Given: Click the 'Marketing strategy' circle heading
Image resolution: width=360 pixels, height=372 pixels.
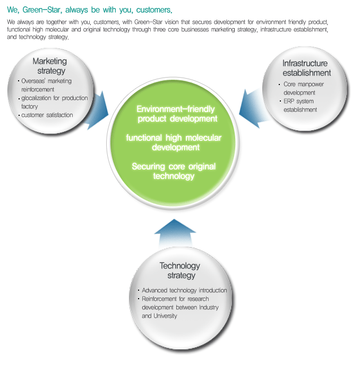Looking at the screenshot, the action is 50,66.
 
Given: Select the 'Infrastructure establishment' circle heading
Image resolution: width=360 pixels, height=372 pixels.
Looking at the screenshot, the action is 306,68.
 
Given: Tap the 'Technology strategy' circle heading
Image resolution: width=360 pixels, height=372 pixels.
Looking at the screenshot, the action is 180,270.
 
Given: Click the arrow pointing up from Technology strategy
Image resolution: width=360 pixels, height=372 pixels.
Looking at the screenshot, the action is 175,234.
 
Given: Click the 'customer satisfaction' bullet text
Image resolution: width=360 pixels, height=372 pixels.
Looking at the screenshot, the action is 47,115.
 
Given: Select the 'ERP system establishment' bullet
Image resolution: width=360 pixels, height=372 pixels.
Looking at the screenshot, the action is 301,105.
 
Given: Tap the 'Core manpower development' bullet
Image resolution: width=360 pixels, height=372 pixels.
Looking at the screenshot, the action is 304,88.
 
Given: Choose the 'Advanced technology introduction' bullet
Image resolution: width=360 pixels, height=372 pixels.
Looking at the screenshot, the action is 184,290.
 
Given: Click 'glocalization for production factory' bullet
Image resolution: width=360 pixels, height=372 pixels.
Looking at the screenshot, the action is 55,102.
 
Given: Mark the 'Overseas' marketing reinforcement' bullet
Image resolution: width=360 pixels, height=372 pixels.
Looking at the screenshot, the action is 46,85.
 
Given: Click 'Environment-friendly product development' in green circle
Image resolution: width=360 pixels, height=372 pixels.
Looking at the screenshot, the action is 177,114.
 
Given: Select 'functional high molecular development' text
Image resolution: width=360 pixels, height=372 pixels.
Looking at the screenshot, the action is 174,142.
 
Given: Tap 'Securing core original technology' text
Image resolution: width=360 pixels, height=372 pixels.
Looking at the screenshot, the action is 174,171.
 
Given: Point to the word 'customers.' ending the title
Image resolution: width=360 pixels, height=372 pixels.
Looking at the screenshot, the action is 155,10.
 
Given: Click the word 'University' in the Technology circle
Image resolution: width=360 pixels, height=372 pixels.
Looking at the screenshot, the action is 165,316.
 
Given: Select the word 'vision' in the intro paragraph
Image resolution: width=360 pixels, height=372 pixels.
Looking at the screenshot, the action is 172,22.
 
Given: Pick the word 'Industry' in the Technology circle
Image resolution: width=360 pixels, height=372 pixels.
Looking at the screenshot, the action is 209,308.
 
